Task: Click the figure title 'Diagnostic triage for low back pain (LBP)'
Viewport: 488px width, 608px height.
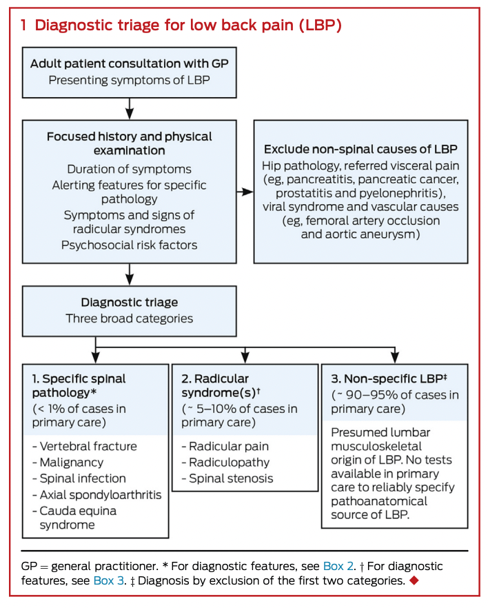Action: tap(188, 26)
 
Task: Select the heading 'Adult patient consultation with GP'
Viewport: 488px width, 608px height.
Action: tap(130, 63)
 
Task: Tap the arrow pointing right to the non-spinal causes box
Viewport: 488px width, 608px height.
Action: tap(245, 192)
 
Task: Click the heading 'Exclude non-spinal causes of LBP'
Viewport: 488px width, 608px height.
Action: tap(360, 150)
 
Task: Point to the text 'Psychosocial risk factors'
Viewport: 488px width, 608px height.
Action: tap(129, 245)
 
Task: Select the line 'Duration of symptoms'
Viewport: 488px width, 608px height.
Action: tap(129, 169)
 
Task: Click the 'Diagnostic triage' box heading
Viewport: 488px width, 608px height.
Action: tap(130, 302)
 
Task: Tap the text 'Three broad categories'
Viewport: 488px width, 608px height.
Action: tap(130, 318)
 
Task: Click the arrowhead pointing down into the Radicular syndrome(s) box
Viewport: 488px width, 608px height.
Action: tap(245, 358)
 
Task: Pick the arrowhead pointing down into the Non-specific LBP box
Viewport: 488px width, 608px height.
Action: tap(394, 358)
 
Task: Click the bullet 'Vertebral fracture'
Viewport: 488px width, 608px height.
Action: tap(85, 446)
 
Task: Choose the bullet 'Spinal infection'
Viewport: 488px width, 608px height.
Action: tap(79, 478)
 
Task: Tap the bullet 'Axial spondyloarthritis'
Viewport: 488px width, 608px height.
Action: tap(97, 495)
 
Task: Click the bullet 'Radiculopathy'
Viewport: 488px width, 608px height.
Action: tap(225, 462)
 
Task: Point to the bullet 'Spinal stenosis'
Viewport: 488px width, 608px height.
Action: tap(227, 478)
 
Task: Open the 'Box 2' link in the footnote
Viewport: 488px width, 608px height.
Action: tap(338, 566)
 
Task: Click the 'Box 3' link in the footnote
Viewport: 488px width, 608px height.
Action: tap(109, 580)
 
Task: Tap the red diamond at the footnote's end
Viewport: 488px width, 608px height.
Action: tap(414, 580)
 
